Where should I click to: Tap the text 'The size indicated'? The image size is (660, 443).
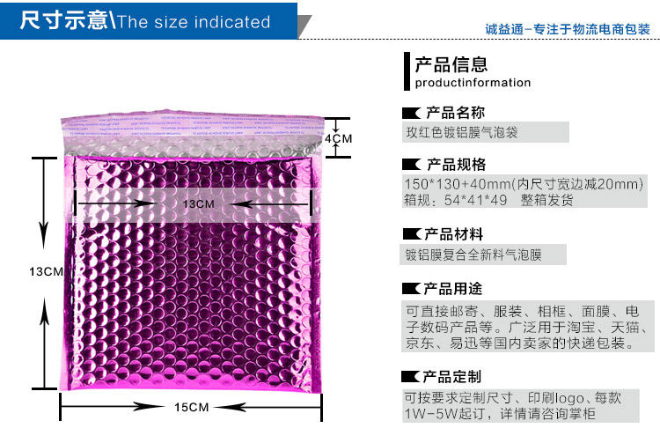click(x=193, y=22)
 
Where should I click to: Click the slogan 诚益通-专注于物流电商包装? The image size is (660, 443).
click(x=568, y=29)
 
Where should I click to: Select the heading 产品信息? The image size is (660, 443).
click(x=451, y=64)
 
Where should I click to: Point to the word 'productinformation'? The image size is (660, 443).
click(x=473, y=84)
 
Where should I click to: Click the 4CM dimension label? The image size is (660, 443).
click(x=339, y=139)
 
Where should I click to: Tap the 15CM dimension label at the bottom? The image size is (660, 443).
click(x=190, y=407)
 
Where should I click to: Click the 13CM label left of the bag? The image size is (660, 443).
click(x=45, y=271)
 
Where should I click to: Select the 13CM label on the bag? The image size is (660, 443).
click(x=199, y=204)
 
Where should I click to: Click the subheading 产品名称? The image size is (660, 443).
click(x=455, y=113)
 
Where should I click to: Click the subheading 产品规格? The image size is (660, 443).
click(x=455, y=165)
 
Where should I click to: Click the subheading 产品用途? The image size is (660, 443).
click(x=454, y=288)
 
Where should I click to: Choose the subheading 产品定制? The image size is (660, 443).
click(x=453, y=376)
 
